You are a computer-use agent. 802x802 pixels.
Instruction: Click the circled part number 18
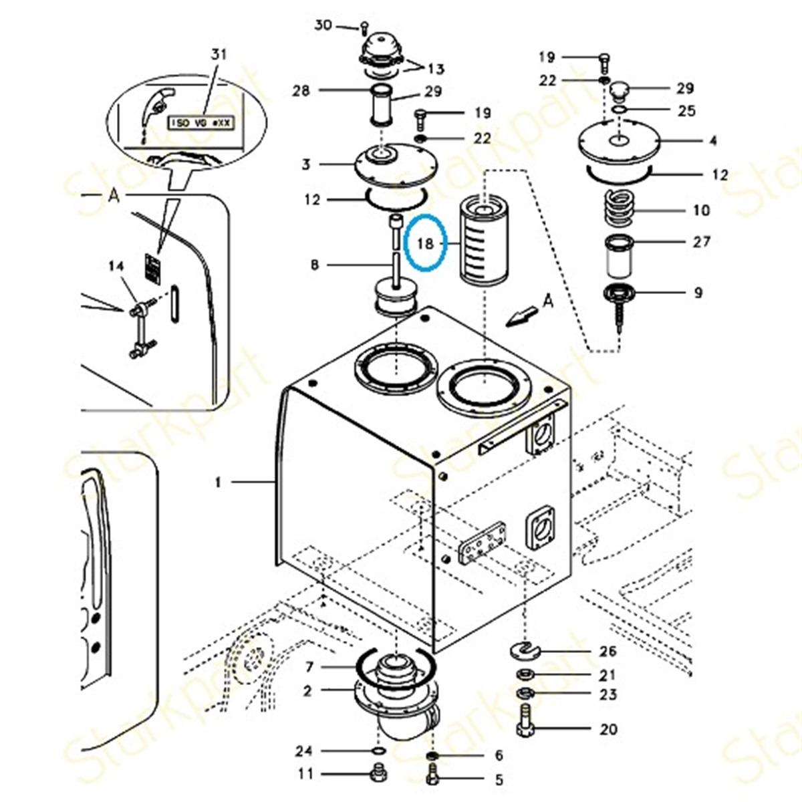coord(426,244)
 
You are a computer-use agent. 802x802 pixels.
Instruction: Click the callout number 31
coord(219,55)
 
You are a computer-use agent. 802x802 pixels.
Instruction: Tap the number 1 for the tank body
coord(217,481)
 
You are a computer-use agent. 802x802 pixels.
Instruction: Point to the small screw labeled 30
coord(364,27)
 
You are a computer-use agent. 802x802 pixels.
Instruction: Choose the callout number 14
coord(116,267)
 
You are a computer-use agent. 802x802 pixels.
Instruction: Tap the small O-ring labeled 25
coord(620,109)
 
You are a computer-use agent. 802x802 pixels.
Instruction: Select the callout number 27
coord(701,241)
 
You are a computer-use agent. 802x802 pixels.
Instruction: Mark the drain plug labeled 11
coord(376,775)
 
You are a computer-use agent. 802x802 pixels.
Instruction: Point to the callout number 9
coord(698,292)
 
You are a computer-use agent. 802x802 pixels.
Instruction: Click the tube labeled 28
coord(382,105)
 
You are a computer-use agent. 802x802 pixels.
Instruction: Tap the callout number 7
coord(309,667)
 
